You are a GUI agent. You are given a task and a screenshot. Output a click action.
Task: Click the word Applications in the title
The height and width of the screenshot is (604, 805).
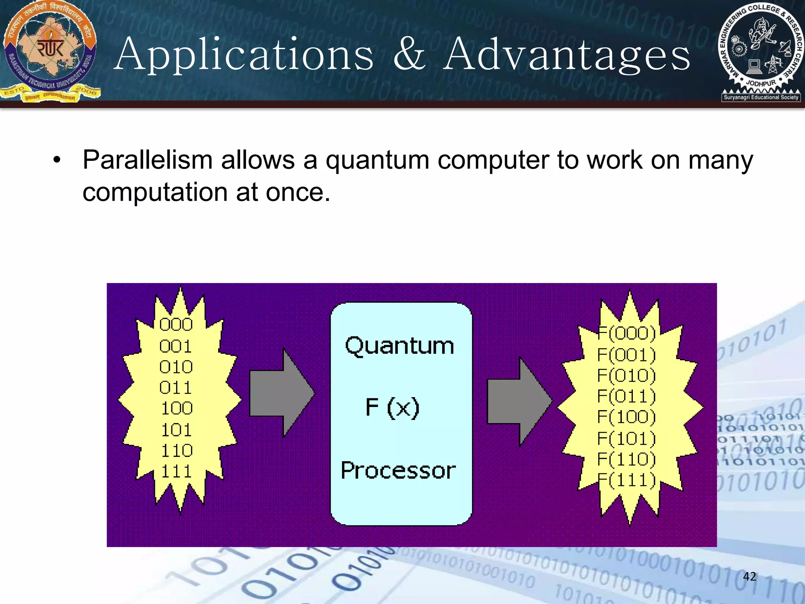244,55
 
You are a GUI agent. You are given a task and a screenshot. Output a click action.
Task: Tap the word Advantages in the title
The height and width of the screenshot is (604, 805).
566,55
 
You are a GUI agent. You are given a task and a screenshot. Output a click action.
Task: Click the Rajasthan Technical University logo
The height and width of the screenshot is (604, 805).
50,51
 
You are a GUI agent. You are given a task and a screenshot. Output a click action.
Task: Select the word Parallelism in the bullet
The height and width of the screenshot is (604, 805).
147,160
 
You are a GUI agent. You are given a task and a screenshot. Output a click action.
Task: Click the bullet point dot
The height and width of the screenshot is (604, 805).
57,160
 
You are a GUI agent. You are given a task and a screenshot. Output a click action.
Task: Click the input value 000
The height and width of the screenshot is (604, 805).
176,325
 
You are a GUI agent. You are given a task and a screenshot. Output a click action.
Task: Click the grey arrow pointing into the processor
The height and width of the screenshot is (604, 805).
281,392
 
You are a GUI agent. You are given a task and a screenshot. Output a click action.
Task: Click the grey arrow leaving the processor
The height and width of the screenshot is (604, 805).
519,401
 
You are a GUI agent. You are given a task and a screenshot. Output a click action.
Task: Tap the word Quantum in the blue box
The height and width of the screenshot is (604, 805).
399,346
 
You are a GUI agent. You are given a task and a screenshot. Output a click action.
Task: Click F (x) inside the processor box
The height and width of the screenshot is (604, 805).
392,407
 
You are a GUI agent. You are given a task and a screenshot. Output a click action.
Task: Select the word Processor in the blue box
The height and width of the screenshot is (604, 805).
398,471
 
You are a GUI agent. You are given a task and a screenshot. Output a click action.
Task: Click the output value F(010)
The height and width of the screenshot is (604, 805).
627,376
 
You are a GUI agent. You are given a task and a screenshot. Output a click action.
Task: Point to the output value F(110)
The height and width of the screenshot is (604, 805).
627,459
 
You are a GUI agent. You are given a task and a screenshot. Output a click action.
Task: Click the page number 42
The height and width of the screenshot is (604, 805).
750,576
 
